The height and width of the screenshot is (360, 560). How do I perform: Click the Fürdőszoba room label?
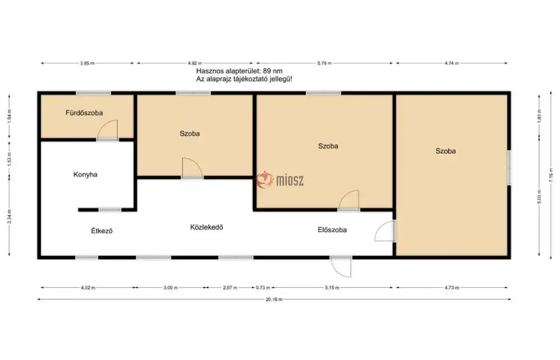pyautogui.click(x=84, y=113)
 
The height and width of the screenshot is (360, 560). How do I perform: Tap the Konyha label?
pyautogui.click(x=85, y=174)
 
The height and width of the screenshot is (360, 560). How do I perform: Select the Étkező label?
pyautogui.click(x=102, y=231)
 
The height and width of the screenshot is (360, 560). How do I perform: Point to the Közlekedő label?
pyautogui.click(x=207, y=227)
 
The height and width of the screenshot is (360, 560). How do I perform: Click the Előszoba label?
pyautogui.click(x=332, y=230)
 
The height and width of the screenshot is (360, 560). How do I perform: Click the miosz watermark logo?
pyautogui.click(x=281, y=180)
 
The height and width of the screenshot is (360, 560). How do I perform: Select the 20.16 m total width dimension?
pyautogui.click(x=274, y=300)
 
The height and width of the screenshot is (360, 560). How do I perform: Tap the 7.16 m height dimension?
pyautogui.click(x=550, y=175)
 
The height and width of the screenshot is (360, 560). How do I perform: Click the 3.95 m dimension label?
pyautogui.click(x=87, y=63)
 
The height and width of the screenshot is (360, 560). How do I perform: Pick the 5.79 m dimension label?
pyautogui.click(x=324, y=63)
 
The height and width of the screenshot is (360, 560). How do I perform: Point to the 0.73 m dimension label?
pyautogui.click(x=263, y=288)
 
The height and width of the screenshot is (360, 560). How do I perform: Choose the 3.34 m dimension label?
pyautogui.click(x=10, y=217)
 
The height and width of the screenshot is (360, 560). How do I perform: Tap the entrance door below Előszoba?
pyautogui.click(x=341, y=267)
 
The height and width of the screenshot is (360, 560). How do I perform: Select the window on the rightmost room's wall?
pyautogui.click(x=509, y=168)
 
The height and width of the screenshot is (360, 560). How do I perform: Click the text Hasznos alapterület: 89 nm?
pyautogui.click(x=239, y=71)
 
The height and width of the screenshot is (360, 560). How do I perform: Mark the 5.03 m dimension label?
pyautogui.click(x=539, y=197)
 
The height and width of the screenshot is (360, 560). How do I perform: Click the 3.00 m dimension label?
pyautogui.click(x=170, y=288)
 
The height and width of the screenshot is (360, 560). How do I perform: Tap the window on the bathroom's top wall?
pyautogui.click(x=93, y=93)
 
